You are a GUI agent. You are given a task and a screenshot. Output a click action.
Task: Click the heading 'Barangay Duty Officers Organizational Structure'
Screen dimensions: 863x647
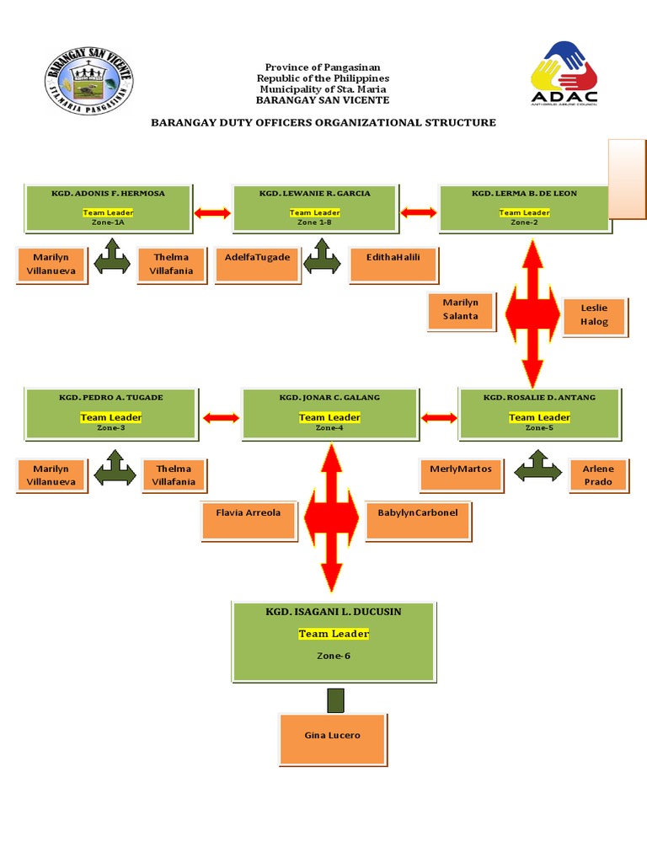pos(323,122)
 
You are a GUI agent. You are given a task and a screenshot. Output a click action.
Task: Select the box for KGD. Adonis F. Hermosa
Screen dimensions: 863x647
pos(108,207)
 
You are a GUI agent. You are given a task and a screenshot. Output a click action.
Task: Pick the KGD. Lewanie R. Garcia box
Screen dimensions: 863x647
pos(313,207)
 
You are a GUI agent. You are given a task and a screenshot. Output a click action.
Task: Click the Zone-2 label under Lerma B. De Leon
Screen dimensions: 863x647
pos(524,222)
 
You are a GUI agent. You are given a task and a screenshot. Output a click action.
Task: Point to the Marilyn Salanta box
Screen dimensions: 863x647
pos(460,309)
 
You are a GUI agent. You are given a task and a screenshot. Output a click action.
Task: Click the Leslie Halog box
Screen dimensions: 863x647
pos(593,314)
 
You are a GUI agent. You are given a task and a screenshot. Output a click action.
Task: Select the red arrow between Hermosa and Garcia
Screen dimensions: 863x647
pos(211,213)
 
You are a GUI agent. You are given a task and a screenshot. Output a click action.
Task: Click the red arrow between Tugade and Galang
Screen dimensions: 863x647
pos(220,416)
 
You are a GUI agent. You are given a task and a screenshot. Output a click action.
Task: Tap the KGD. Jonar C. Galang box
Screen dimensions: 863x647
pos(329,413)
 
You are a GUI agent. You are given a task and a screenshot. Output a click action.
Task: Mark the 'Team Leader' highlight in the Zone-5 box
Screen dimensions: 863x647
pos(539,417)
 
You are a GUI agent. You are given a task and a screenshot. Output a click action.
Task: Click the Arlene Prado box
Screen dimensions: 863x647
pos(598,474)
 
